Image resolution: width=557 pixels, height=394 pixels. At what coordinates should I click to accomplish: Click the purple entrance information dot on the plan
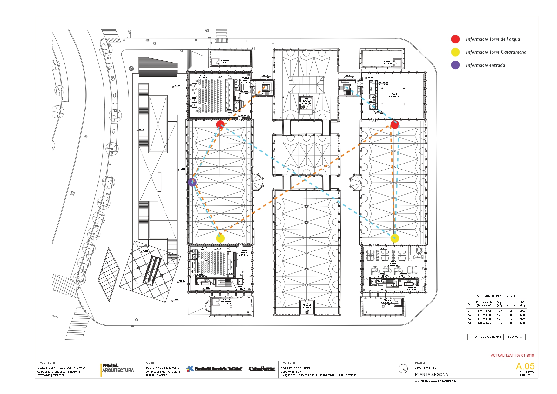(x=192, y=182)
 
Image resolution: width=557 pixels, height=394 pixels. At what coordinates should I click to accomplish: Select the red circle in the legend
(x=455, y=39)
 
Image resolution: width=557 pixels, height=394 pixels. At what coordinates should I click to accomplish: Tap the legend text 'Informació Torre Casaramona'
(x=496, y=52)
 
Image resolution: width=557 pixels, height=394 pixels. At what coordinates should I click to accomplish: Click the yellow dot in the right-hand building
(x=394, y=238)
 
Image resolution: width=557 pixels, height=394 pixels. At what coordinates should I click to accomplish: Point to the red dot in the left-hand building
(x=220, y=124)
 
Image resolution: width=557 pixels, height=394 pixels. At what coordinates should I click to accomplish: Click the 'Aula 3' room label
(x=394, y=94)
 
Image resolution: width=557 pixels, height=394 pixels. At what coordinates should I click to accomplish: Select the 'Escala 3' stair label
(x=240, y=287)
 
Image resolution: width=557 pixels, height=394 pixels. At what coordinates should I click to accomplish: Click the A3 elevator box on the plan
(x=240, y=281)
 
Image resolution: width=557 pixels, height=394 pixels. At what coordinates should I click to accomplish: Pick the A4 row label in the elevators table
(x=470, y=323)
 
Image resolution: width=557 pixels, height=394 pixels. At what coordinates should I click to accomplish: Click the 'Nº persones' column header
(x=511, y=304)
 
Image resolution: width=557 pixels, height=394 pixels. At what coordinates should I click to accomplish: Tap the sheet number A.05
(x=525, y=366)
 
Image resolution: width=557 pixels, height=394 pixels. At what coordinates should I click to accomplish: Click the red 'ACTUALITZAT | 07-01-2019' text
(x=512, y=355)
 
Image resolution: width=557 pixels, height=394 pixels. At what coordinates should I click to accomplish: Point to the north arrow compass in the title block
(x=403, y=369)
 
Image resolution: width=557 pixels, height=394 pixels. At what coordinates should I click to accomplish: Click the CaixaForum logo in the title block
(x=262, y=369)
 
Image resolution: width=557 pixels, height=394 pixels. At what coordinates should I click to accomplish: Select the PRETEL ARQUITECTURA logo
(x=118, y=368)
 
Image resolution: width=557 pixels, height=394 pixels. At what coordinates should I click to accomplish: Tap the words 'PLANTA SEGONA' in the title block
(x=431, y=375)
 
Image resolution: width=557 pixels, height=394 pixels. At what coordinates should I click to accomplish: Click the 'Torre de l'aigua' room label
(x=306, y=101)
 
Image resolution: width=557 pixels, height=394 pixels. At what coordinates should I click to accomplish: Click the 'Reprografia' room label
(x=383, y=83)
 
